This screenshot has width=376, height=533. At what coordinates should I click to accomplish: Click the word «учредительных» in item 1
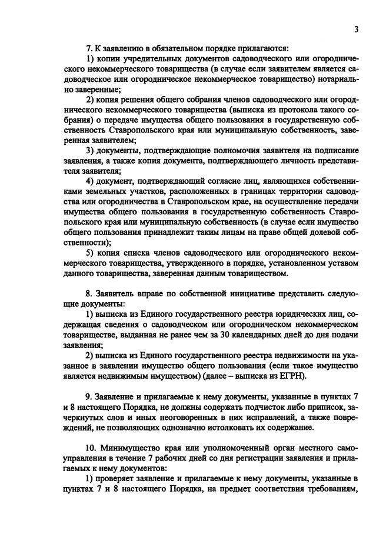click(148, 60)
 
